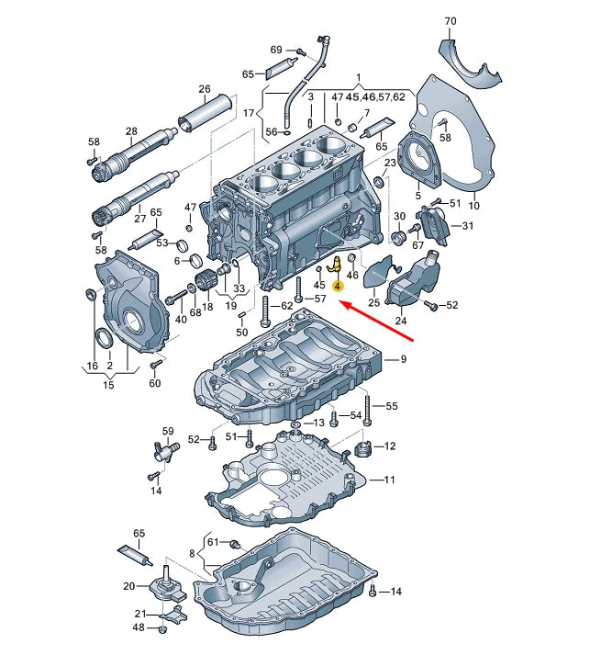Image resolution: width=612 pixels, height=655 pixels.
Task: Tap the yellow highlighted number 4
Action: (338, 287)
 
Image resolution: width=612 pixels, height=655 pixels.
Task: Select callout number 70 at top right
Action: (450, 21)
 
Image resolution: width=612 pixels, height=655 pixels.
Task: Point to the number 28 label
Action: (131, 132)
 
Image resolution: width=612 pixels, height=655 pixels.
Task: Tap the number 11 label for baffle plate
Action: (389, 480)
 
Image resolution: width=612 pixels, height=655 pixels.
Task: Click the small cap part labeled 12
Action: (362, 451)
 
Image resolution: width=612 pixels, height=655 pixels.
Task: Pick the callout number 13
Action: (319, 423)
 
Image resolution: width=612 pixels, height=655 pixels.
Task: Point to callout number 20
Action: (128, 585)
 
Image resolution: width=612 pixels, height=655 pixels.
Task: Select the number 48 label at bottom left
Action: (139, 627)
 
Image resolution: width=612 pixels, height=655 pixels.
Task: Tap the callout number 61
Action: (213, 542)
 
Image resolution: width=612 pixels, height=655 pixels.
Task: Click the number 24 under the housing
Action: (401, 322)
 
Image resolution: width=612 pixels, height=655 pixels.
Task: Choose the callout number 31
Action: (468, 226)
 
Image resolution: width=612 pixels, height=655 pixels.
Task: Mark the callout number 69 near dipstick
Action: (276, 49)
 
